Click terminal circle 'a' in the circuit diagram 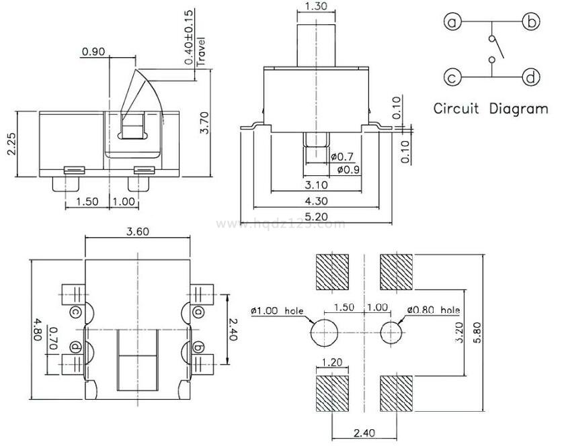pyautogui.click(x=452, y=22)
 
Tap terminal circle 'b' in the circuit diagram pyautogui.click(x=532, y=22)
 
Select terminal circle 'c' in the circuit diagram pyautogui.click(x=452, y=77)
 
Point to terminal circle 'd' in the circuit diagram pyautogui.click(x=532, y=77)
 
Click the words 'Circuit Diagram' pyautogui.click(x=490, y=108)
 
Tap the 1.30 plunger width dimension pyautogui.click(x=316, y=7)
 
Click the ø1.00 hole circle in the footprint pyautogui.click(x=323, y=331)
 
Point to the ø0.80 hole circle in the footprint pyautogui.click(x=391, y=331)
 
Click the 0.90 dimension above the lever pyautogui.click(x=93, y=52)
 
